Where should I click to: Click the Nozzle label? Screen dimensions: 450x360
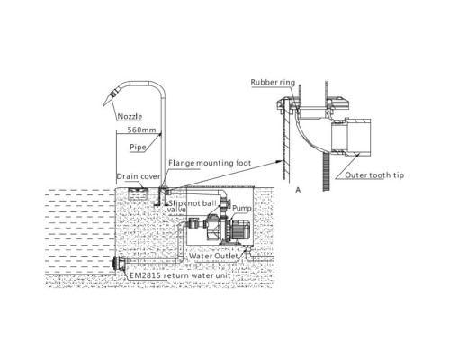click(130, 116)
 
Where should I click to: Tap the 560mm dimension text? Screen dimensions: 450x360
click(141, 130)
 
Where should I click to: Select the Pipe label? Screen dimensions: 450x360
click(138, 148)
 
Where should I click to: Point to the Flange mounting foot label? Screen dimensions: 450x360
click(210, 163)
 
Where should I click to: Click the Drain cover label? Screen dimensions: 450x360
click(139, 176)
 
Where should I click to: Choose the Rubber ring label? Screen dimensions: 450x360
click(273, 82)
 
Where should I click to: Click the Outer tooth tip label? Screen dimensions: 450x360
click(374, 175)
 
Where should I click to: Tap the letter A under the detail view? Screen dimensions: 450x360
click(298, 190)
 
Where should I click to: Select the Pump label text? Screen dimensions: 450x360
click(242, 208)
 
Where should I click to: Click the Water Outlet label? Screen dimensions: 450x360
click(213, 256)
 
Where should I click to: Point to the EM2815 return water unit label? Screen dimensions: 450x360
click(180, 275)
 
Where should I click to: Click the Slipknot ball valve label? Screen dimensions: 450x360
click(192, 206)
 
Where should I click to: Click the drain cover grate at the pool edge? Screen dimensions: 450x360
click(138, 190)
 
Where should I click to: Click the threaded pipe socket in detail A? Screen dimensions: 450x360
click(351, 138)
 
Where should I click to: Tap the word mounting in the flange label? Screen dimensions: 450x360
click(215, 164)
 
